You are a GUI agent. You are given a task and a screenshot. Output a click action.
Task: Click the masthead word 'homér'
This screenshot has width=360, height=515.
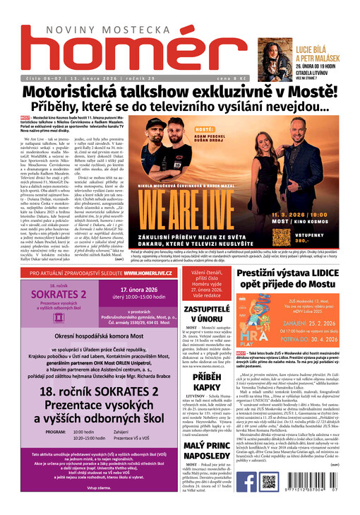point(131,49)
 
